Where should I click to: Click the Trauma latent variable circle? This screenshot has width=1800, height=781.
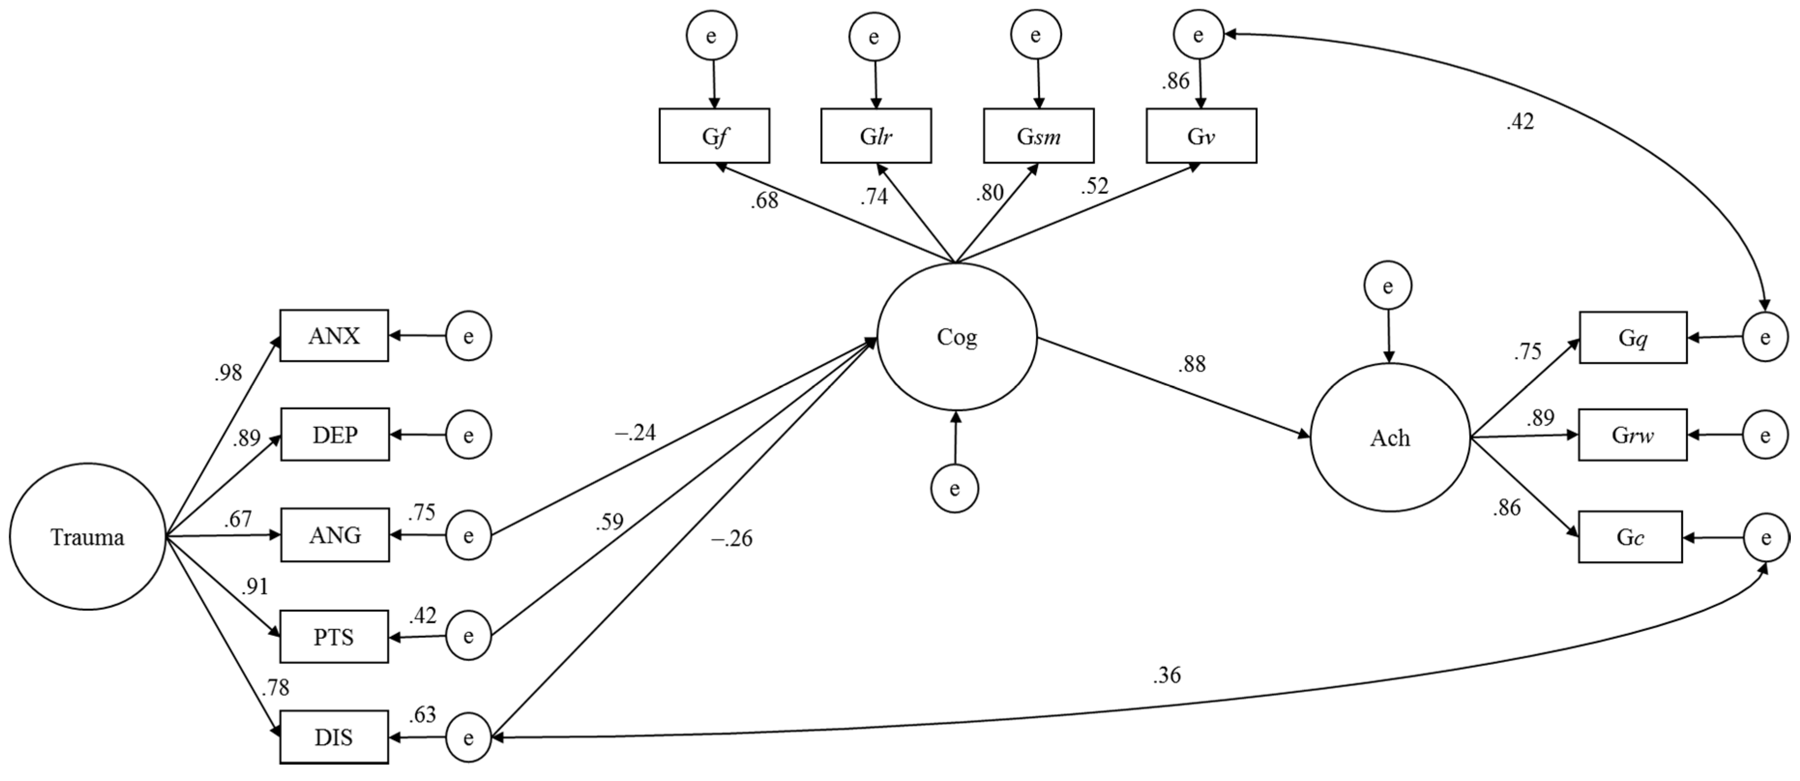tap(88, 537)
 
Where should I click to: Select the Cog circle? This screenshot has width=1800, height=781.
tap(957, 337)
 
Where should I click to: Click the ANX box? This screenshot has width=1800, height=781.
tap(334, 336)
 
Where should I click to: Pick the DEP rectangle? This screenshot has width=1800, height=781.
tap(335, 435)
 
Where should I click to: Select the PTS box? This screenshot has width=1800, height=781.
tap(334, 636)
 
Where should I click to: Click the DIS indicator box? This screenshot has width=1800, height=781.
tap(334, 737)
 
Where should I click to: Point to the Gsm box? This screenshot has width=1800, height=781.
tap(1039, 135)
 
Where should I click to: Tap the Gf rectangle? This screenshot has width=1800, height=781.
tap(714, 135)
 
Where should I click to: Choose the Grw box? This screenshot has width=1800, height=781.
tap(1632, 435)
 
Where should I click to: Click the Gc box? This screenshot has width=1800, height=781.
tap(1629, 537)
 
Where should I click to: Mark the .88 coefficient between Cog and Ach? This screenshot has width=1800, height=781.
tap(1191, 364)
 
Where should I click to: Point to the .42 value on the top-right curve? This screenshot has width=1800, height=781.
tap(1520, 122)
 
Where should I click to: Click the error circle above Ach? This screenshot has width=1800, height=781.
tap(1388, 286)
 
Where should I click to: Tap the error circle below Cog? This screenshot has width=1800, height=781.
tap(954, 488)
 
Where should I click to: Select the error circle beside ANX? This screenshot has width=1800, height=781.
tap(468, 336)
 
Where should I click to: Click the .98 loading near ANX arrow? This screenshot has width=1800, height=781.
tap(228, 373)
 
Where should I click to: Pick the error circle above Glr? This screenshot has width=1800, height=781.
tap(874, 36)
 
